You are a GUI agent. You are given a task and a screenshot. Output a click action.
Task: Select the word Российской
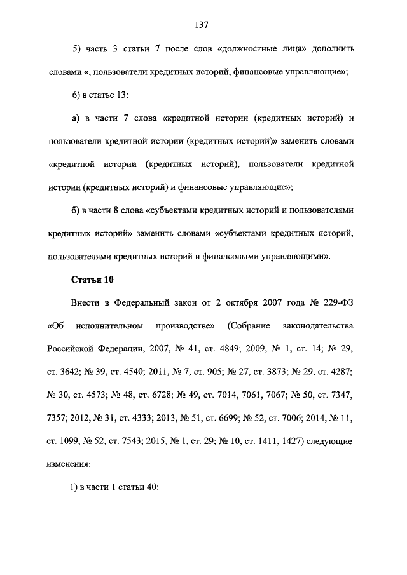coord(72,349)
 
